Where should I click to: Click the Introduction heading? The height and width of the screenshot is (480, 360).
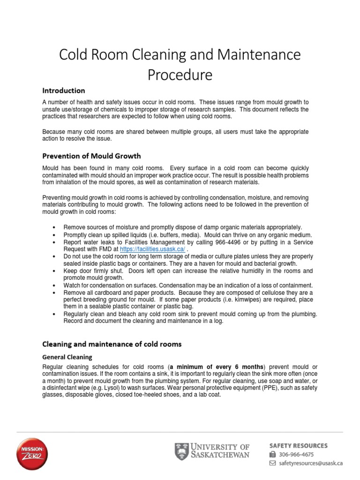coord(63,90)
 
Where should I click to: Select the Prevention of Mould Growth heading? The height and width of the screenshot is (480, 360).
coord(91,156)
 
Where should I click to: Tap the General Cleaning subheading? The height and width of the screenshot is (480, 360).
coord(67,357)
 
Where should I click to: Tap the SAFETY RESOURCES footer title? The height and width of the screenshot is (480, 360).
coord(298,445)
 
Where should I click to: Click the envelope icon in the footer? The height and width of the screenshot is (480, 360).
coord(273,463)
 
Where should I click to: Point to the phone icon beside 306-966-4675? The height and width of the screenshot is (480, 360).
coord(273,454)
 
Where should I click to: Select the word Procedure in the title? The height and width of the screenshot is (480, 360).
coord(180,75)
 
